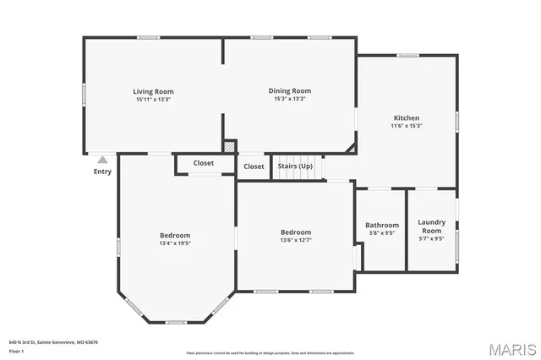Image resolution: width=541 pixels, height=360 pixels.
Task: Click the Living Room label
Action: coord(153,91)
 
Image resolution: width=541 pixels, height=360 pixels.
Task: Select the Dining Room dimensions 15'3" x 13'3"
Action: coord(290,99)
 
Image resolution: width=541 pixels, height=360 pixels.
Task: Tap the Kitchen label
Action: coord(406,117)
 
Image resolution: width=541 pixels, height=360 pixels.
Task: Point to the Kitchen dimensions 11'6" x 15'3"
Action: coord(406,126)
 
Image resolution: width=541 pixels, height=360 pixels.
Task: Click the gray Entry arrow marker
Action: coord(102,159)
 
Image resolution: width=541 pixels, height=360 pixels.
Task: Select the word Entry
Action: coord(102,172)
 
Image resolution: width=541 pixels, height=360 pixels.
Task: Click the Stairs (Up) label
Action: coord(295,166)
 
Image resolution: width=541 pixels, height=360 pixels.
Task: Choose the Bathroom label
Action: coord(382,225)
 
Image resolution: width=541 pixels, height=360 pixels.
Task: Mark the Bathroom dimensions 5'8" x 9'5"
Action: coord(382,233)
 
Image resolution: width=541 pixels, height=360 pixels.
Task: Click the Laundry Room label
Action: coord(432,226)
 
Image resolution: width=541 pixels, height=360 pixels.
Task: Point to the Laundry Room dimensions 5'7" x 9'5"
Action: coord(432,238)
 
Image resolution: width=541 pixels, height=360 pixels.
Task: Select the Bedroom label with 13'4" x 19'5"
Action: coord(175,235)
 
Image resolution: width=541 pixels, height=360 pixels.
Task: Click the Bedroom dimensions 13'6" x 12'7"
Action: coord(296,240)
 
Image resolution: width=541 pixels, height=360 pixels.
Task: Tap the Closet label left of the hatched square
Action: coord(203,163)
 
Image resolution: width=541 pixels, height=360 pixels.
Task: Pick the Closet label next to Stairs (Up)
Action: coord(254,166)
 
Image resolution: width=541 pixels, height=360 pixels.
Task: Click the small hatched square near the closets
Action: coord(230,147)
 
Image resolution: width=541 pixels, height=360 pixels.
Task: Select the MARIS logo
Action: coord(511,348)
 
